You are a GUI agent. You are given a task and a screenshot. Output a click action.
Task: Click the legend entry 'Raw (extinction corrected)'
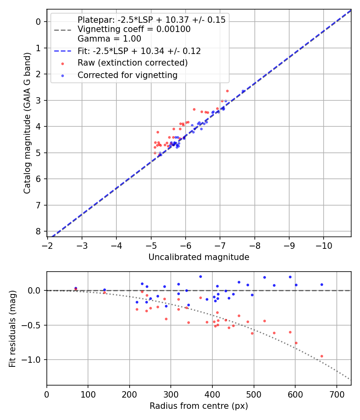pyautogui.click(x=132, y=63)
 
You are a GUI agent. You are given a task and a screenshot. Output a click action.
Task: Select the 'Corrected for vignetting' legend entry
pyautogui.click(x=127, y=75)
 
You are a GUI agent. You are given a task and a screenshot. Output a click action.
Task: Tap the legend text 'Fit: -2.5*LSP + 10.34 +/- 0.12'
pyautogui.click(x=139, y=51)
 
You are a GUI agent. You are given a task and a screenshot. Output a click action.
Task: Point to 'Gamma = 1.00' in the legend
pyautogui.click(x=109, y=39)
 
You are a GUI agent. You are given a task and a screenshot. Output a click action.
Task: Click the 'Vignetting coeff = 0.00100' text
pyautogui.click(x=134, y=29)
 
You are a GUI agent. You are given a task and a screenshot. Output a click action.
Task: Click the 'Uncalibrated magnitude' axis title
pyautogui.click(x=199, y=257)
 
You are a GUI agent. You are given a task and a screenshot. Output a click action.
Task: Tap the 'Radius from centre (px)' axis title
pyautogui.click(x=199, y=406)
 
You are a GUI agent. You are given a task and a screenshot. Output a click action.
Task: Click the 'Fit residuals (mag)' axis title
pyautogui.click(x=12, y=328)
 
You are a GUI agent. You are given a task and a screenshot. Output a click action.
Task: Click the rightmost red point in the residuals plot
pyautogui.click(x=322, y=356)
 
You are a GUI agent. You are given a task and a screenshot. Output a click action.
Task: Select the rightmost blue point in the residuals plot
pyautogui.click(x=322, y=284)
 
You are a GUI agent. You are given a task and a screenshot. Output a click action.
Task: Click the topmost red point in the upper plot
pyautogui.click(x=227, y=91)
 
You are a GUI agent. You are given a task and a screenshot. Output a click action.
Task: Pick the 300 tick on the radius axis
pyautogui.click(x=171, y=394)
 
